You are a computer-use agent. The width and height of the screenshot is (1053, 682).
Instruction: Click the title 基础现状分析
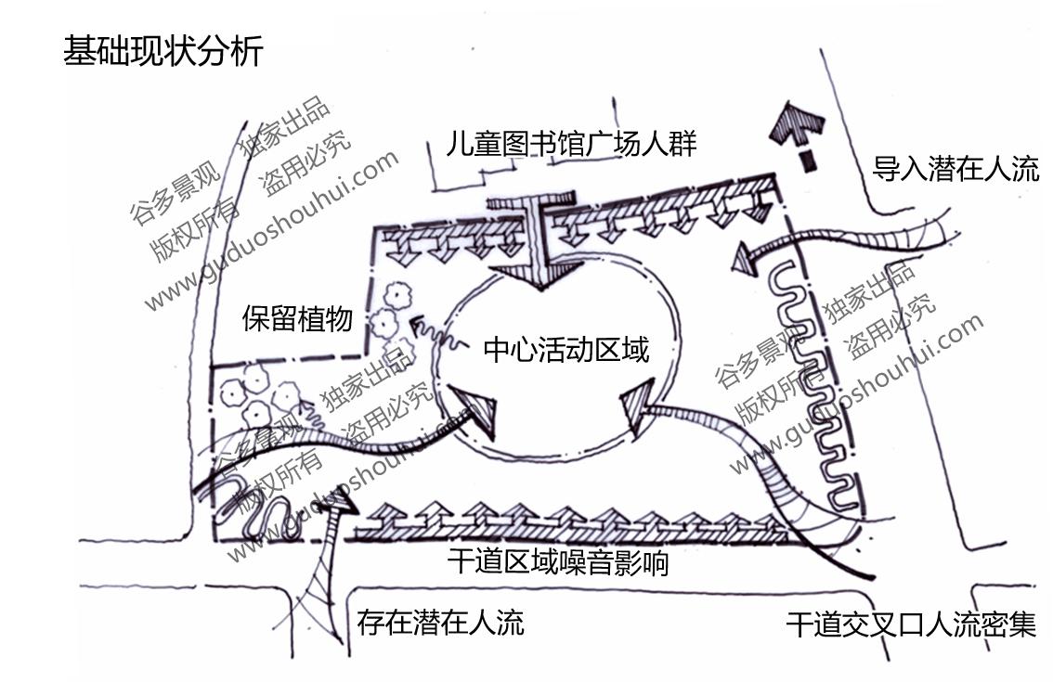coord(162,51)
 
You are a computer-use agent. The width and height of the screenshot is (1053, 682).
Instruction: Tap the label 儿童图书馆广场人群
coord(570,144)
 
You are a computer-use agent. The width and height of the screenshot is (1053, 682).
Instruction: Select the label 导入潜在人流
coord(955,169)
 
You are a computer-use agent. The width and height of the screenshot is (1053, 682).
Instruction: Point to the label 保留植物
coord(297,319)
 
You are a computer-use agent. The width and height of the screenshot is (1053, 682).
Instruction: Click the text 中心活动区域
coord(565,350)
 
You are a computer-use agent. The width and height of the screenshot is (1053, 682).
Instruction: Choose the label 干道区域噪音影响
coord(557,561)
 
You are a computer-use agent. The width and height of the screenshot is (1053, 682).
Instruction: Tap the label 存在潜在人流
coord(440,621)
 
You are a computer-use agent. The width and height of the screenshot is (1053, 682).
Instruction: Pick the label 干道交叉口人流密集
coord(910,624)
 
